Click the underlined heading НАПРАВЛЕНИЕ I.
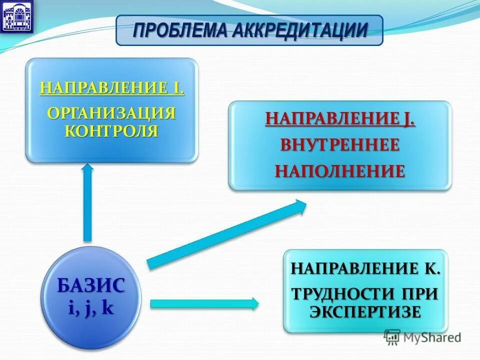112,89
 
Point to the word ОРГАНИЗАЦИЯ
112,112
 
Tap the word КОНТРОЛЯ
112,131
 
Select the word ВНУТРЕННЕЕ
340,145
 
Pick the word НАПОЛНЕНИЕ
340,171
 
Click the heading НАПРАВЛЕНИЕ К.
366,269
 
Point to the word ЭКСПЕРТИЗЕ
365,311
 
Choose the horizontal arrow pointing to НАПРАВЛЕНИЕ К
204,303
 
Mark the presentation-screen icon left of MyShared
392,337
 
